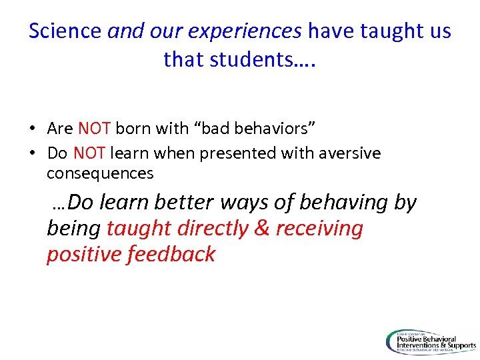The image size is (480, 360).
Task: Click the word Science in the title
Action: (x=65, y=31)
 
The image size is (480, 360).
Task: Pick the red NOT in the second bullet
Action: (x=89, y=153)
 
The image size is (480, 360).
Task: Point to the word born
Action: (x=133, y=128)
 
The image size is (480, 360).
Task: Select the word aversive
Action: (x=349, y=153)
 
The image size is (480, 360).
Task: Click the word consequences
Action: (x=100, y=174)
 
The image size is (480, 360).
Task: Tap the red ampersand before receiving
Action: (x=262, y=229)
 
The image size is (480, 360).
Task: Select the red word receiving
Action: (x=319, y=229)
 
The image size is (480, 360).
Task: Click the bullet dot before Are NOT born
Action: (x=32, y=129)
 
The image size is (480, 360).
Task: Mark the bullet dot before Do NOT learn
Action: (x=32, y=154)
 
